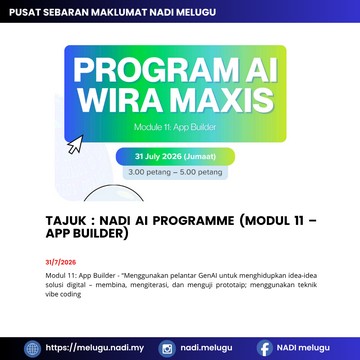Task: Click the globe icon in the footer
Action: pos(32,349)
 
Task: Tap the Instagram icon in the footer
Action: pos(167,349)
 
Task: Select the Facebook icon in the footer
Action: pos(265,349)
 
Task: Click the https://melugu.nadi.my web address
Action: pos(95,348)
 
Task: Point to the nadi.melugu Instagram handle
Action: pos(206,348)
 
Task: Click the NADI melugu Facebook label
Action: pos(303,348)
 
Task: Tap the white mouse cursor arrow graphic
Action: pos(75,144)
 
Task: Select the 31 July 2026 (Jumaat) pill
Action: pos(175,156)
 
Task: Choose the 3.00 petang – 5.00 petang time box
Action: pos(175,173)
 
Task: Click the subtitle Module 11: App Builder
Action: pos(175,127)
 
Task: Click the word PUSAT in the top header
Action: pos(22,12)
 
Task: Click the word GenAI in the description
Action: pos(208,276)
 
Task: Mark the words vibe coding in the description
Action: pos(63,295)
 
